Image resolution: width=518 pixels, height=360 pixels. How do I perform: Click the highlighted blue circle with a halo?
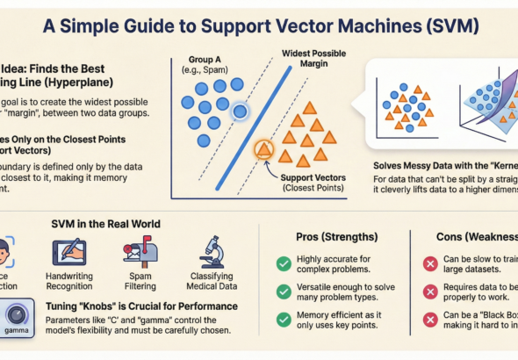tap(240, 110)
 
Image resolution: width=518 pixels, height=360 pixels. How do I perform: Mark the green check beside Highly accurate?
tap(284, 263)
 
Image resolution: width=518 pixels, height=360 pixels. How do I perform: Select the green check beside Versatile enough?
tap(284, 292)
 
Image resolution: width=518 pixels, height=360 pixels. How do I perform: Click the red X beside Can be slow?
tap(431, 263)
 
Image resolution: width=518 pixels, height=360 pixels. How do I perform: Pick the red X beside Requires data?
tap(431, 293)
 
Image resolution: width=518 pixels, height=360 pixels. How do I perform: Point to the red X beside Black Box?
tap(431, 323)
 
